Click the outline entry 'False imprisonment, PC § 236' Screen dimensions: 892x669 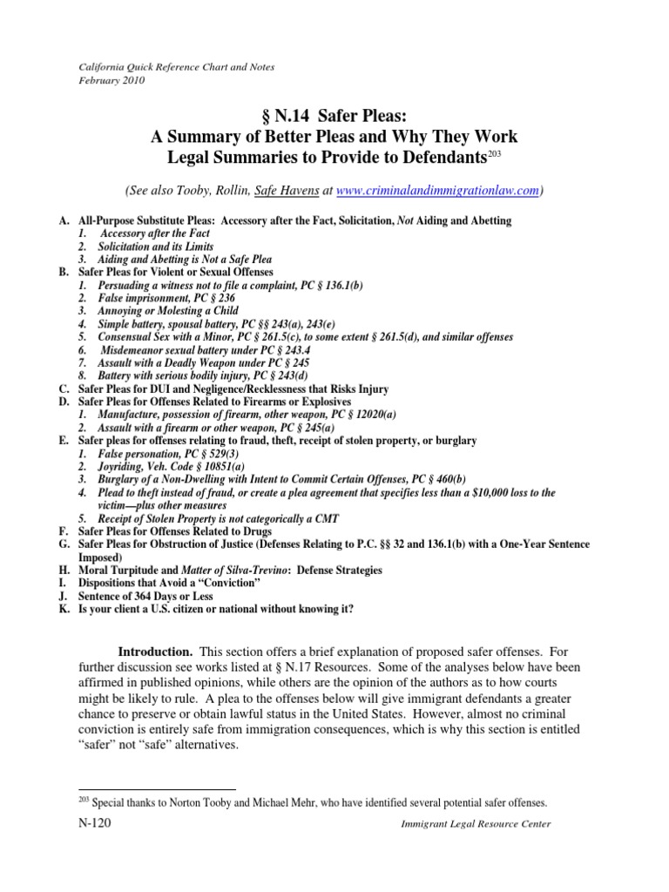point(157,298)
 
